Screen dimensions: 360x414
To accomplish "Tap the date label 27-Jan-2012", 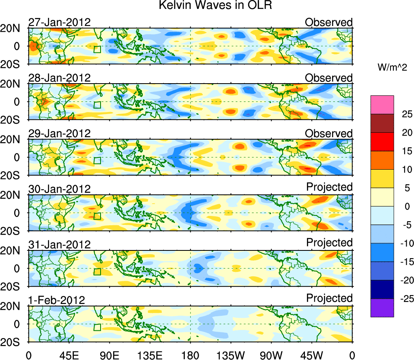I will (x=59, y=22).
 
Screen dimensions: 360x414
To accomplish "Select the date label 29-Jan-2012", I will (x=59, y=134).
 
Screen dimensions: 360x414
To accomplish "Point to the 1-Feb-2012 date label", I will (x=56, y=300).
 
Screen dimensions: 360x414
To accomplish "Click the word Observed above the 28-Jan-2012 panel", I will (x=329, y=78).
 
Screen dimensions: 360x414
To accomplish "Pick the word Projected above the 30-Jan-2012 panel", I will (x=329, y=187).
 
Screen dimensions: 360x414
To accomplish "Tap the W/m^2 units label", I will (x=392, y=68).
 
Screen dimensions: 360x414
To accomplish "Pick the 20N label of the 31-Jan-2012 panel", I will (x=13, y=250).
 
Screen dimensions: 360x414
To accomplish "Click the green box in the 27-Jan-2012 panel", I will (x=97, y=50).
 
